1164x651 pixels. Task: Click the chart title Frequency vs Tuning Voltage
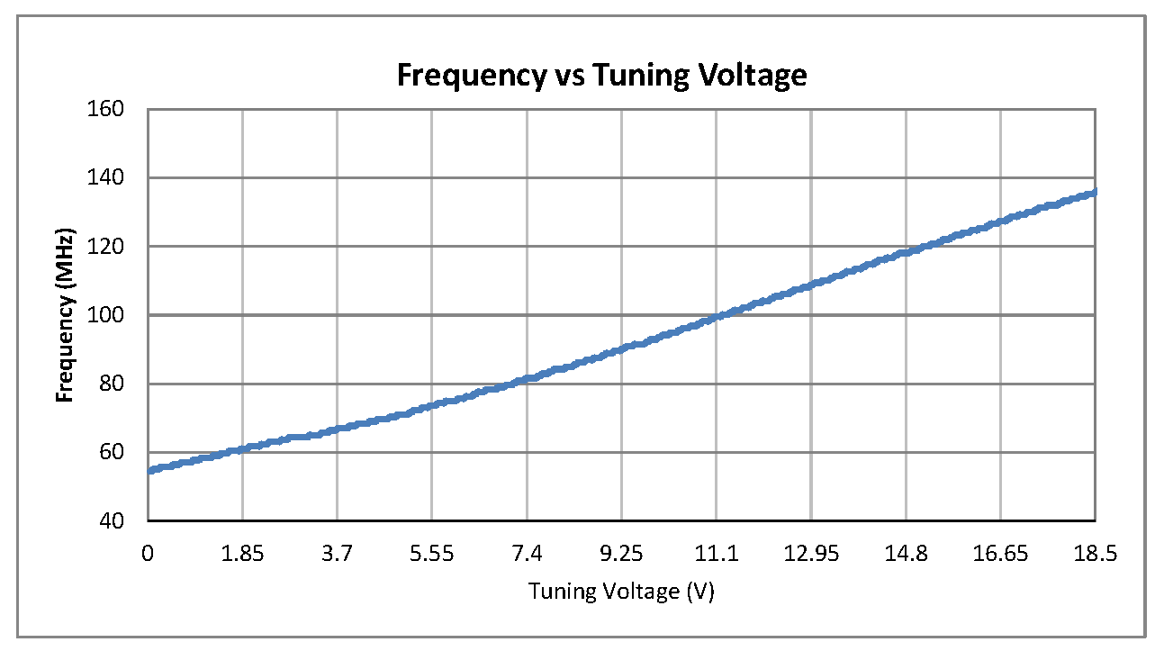[x=601, y=76]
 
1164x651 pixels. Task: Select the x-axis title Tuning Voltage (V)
[x=621, y=592]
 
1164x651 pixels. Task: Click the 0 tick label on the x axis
[x=149, y=553]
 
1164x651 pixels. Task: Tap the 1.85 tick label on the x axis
[x=243, y=553]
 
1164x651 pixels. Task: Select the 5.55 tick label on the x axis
[x=432, y=553]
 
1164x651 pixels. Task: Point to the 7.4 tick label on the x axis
[x=527, y=553]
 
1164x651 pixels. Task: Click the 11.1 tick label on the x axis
[x=716, y=553]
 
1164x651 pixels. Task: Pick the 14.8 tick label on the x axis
[x=906, y=553]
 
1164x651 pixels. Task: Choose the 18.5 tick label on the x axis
[x=1095, y=553]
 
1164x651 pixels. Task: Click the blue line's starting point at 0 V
[x=149, y=470]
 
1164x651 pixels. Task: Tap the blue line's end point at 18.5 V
[x=1094, y=192]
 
